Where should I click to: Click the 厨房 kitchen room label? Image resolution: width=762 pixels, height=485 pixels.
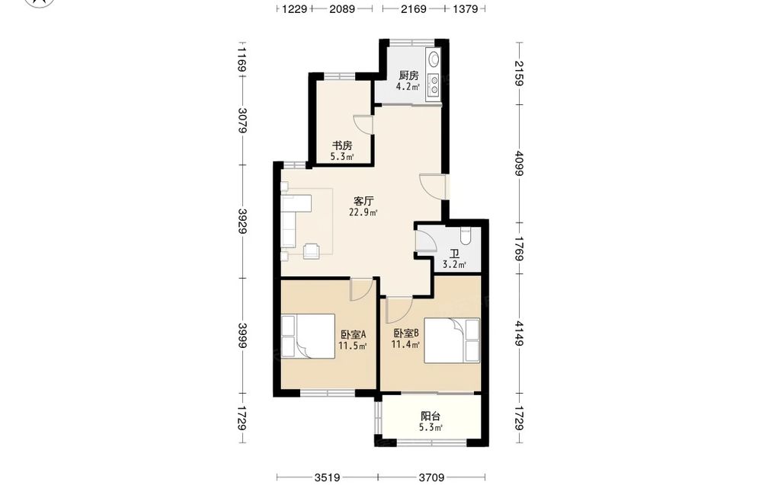pos(408,75)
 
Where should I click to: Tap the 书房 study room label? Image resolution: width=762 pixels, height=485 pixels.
pos(342,145)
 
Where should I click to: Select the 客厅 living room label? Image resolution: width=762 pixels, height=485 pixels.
pos(363,201)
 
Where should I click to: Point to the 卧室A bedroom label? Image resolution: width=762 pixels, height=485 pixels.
pos(353,334)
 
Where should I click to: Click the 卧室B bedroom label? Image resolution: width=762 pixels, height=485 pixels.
pos(406,333)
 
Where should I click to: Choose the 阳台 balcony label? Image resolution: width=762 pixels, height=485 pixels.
pos(431,416)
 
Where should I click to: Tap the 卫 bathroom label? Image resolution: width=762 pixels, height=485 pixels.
pos(454,254)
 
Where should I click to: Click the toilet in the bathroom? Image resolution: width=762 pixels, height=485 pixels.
pos(466,236)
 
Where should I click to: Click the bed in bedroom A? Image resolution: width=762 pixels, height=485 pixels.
pos(308,336)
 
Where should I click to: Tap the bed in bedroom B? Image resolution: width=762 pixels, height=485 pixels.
pos(451,340)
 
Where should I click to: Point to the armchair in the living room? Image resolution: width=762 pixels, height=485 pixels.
pos(311,251)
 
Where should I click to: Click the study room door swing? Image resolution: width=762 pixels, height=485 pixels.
pos(363,124)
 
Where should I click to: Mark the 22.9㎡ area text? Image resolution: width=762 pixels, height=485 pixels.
pos(363,212)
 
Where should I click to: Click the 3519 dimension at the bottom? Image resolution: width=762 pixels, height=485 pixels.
pos(327,478)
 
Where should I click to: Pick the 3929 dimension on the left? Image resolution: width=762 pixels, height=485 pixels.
pos(242,221)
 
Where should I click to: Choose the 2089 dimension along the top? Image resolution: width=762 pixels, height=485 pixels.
pos(342,8)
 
